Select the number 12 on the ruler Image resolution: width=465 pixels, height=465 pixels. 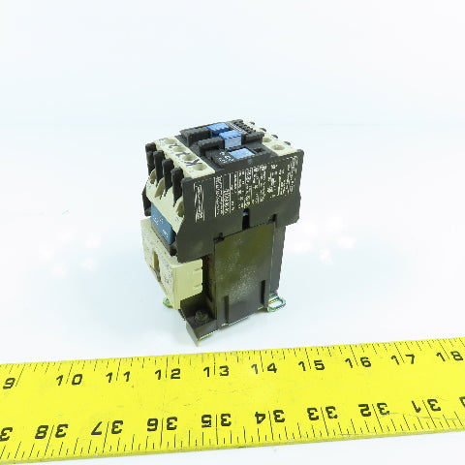point(173,373)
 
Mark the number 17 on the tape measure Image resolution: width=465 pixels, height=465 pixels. point(408,357)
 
